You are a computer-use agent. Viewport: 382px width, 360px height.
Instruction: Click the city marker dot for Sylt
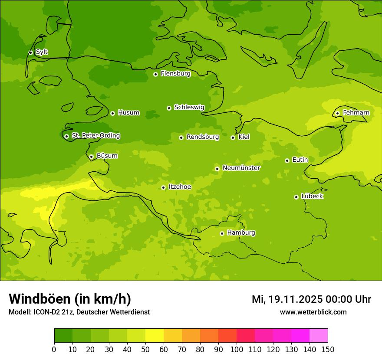tap(30, 52)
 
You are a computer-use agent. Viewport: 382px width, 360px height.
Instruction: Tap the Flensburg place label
tap(175, 74)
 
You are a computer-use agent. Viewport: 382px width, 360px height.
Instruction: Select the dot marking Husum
tap(112, 113)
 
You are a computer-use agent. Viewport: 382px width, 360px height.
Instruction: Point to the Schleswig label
tap(189, 107)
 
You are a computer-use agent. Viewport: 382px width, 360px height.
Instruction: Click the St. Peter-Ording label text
tap(95, 136)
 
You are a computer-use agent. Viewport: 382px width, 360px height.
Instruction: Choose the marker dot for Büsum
tap(91, 157)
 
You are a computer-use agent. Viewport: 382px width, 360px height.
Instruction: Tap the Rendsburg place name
tap(203, 137)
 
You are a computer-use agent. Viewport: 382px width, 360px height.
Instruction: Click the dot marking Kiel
tap(233, 137)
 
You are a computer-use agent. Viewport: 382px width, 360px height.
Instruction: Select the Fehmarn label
tap(356, 113)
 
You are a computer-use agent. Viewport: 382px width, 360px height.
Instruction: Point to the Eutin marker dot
tap(287, 160)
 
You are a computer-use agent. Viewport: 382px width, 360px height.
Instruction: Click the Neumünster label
tap(241, 168)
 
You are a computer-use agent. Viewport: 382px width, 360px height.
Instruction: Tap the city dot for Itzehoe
tap(163, 187)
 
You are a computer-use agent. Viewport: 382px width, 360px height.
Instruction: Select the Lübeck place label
tap(312, 196)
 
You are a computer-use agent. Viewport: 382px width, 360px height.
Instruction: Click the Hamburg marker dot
tap(222, 233)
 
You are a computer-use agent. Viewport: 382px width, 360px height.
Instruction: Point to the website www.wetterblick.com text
tap(313, 312)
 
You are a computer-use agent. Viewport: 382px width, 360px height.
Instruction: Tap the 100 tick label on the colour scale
tap(237, 350)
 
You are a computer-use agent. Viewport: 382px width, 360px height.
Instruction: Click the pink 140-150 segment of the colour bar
tap(319, 336)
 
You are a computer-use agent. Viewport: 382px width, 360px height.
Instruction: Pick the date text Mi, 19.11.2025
tap(286, 299)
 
